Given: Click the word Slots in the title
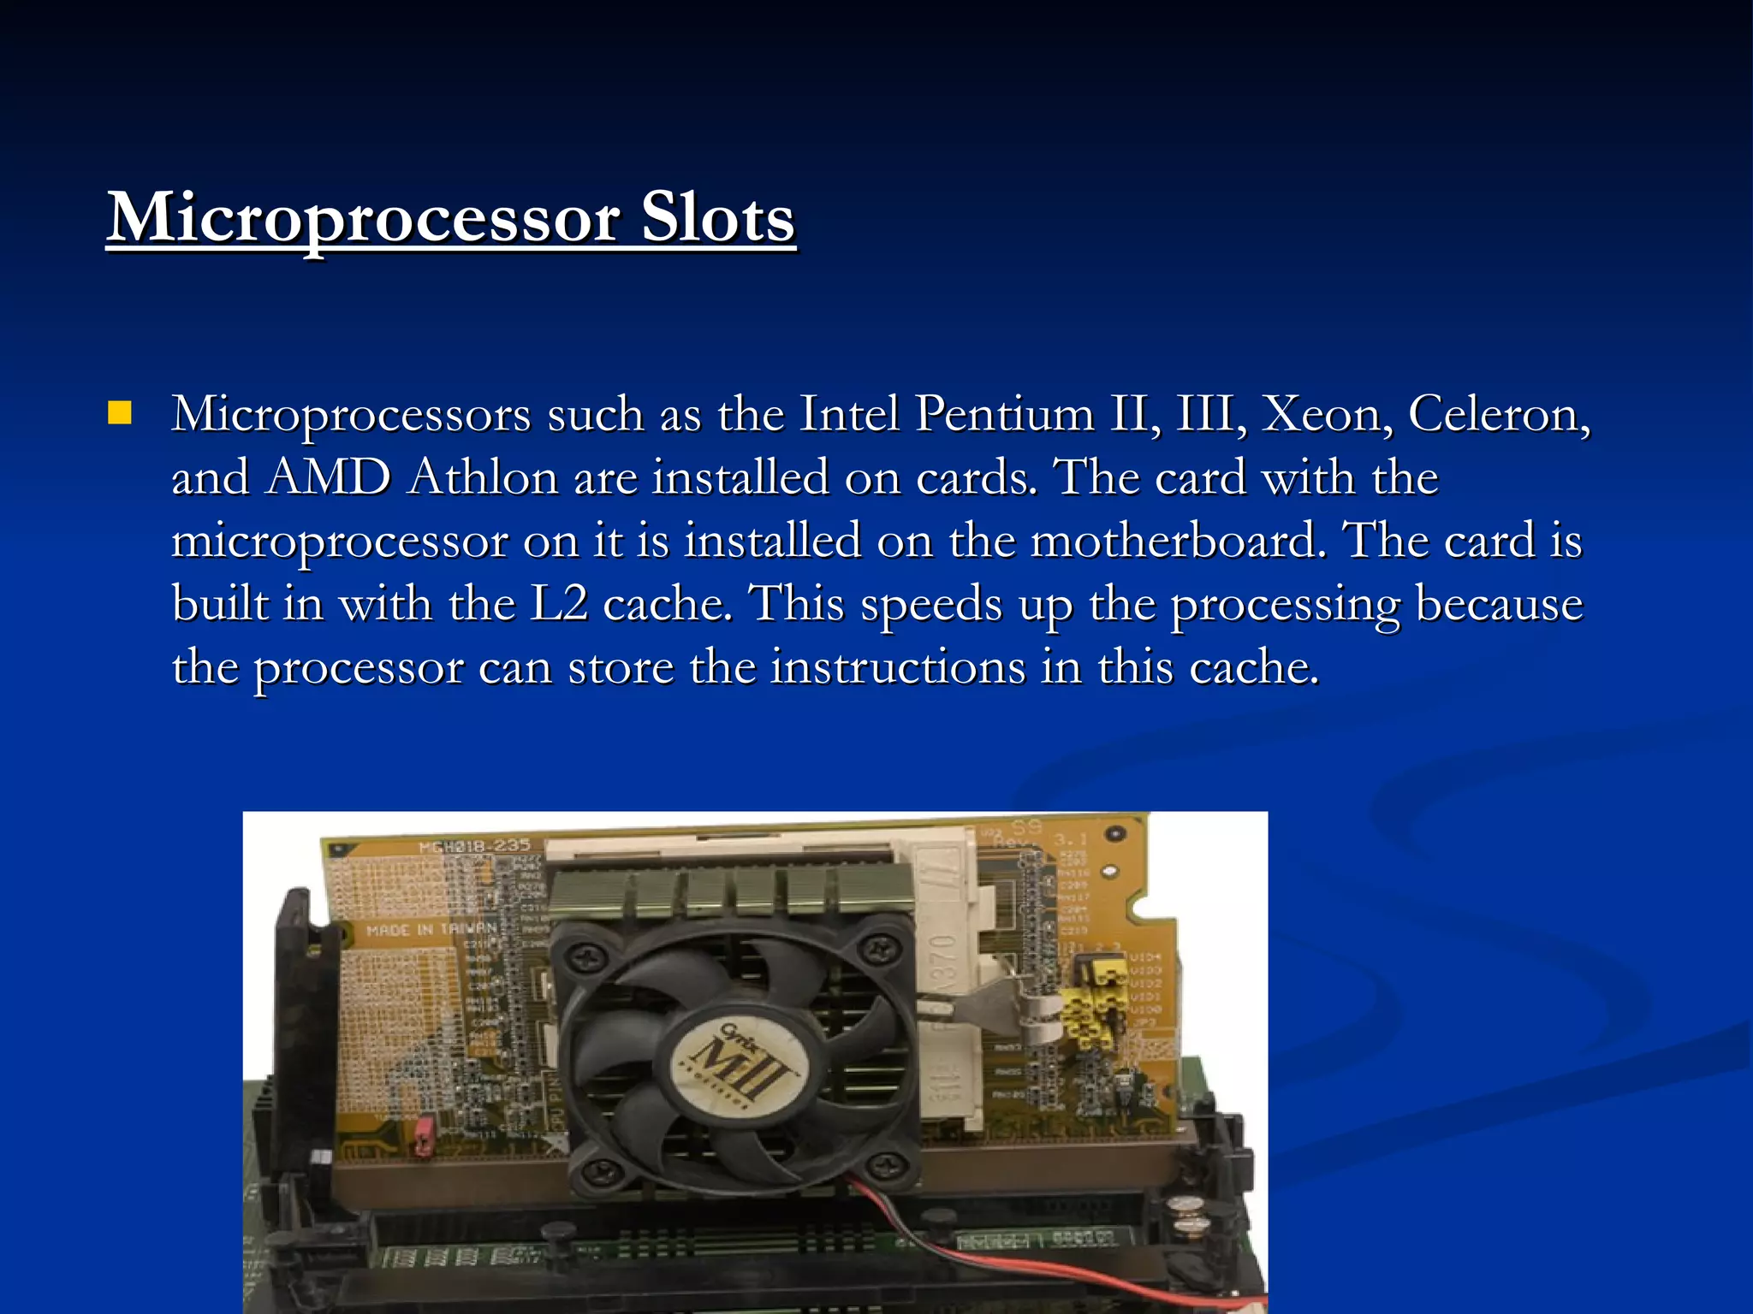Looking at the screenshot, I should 717,218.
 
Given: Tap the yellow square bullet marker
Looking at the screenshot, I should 120,414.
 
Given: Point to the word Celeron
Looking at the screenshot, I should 1498,414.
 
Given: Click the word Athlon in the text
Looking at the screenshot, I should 483,477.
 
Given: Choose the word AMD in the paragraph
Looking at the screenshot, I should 328,477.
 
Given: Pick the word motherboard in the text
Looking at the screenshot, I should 1178,541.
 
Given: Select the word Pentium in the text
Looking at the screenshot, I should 1005,414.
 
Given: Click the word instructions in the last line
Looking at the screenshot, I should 897,667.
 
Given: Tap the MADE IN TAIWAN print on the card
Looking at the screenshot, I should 431,929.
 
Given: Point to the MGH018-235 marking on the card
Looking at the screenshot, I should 474,846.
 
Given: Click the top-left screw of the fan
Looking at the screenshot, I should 588,951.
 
